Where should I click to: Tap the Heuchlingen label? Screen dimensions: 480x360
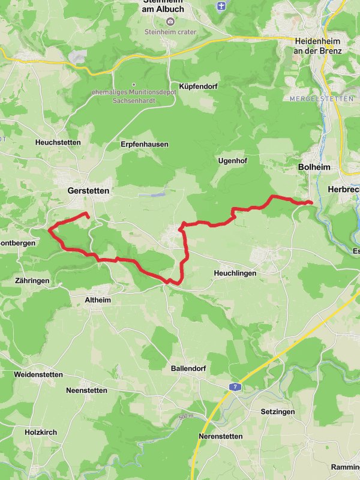[235, 273]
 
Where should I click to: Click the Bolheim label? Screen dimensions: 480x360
[314, 168]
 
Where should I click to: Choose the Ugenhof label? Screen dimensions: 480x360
[233, 161]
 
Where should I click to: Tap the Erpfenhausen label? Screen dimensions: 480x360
[145, 145]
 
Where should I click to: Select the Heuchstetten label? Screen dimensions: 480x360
[58, 142]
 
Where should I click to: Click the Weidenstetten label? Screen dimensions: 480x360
[38, 374]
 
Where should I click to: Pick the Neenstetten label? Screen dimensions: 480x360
[87, 390]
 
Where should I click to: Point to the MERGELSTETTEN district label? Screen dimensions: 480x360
[314, 98]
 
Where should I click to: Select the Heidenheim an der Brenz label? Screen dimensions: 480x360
[318, 46]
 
